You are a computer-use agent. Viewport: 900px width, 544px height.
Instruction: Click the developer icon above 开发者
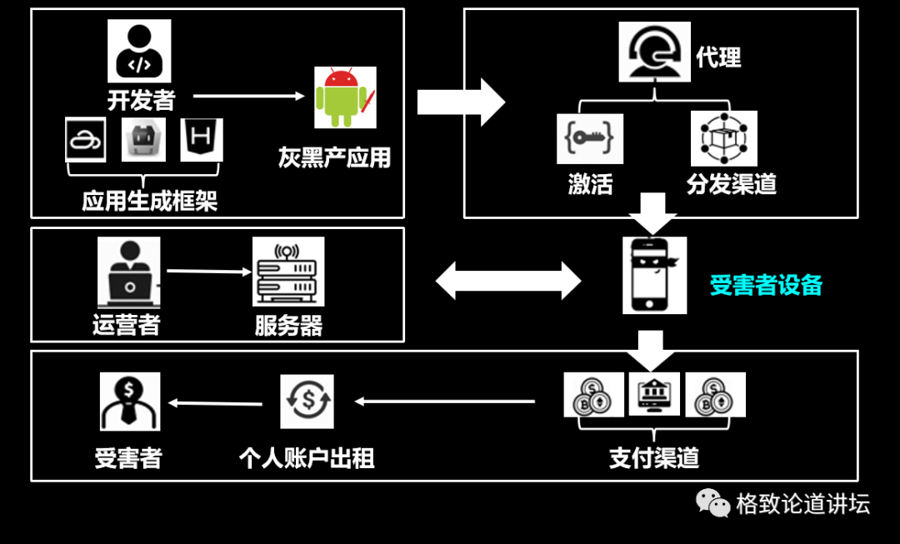click(x=139, y=51)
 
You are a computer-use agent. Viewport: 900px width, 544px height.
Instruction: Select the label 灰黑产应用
click(x=334, y=157)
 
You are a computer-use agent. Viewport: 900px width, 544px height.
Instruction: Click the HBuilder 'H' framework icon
click(x=202, y=139)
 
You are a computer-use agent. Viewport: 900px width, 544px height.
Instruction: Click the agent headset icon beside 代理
click(x=655, y=52)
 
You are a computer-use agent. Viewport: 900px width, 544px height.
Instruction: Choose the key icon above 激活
click(x=590, y=139)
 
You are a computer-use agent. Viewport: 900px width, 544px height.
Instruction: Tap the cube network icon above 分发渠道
click(x=723, y=138)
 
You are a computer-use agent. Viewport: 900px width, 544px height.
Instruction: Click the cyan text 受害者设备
click(x=766, y=286)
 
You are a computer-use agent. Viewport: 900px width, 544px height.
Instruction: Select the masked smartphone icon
click(x=654, y=275)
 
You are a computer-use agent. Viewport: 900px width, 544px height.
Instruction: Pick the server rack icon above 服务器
click(x=288, y=272)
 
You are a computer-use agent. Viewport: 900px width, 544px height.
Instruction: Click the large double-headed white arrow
click(x=508, y=280)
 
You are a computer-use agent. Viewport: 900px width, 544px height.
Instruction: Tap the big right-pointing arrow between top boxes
click(x=461, y=102)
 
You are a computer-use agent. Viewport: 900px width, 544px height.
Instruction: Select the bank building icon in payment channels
click(x=654, y=395)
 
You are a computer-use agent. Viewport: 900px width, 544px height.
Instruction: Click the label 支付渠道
click(x=654, y=458)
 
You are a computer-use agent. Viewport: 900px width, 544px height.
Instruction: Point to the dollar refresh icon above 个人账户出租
click(x=307, y=402)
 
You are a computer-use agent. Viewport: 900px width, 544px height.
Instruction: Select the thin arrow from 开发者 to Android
click(x=249, y=96)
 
